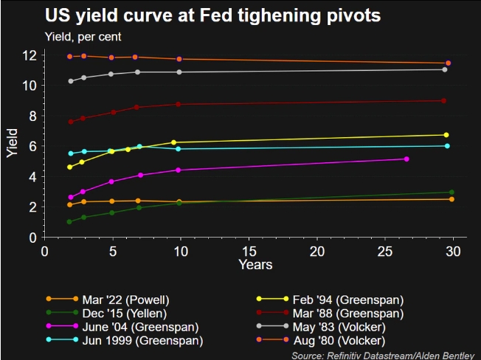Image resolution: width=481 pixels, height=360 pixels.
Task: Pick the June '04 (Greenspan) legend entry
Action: point(141,326)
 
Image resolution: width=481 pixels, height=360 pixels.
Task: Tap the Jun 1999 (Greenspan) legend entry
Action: point(144,340)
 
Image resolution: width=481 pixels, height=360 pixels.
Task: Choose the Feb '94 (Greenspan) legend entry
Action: point(325,299)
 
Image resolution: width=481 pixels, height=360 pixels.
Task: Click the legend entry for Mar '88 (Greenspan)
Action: point(325,313)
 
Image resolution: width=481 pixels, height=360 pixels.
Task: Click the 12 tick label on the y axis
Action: point(30,55)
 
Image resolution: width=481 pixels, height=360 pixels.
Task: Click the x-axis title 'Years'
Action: point(255,264)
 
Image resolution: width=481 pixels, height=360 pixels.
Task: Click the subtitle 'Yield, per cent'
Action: point(84,35)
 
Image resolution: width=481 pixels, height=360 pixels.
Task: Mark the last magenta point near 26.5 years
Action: point(406,159)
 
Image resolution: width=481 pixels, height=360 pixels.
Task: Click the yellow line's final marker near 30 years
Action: point(446,135)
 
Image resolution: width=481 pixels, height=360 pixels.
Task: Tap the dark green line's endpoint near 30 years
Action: point(451,193)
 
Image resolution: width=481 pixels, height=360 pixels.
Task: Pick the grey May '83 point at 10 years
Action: point(179,72)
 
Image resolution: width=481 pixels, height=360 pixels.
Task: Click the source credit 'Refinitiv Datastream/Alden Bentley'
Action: point(386,355)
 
